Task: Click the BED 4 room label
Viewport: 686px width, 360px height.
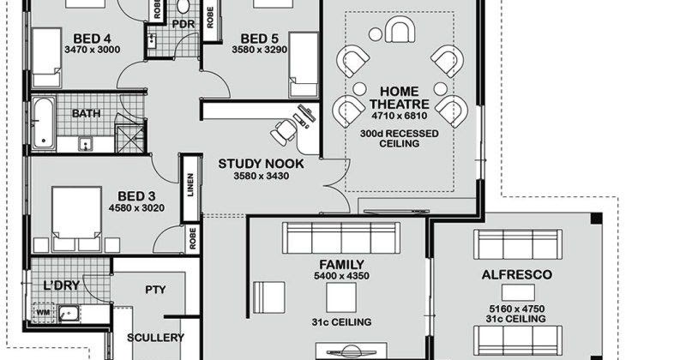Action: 92,39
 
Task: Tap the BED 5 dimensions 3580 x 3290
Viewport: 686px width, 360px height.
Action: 260,50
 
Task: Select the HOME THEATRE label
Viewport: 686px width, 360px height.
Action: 400,98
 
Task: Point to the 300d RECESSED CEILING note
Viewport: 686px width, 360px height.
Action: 399,138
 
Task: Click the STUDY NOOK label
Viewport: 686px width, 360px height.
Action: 261,164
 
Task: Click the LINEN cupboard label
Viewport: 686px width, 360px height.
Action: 190,185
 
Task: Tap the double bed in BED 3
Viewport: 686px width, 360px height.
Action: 76,219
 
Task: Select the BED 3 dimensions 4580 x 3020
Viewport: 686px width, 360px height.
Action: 136,207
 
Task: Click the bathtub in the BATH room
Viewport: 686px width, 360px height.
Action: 44,123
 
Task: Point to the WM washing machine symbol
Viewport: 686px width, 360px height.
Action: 43,312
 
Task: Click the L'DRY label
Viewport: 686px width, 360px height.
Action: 62,285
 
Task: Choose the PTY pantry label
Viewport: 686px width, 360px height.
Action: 155,290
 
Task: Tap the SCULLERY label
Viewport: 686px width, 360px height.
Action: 155,338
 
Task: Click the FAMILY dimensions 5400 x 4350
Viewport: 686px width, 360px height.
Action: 341,276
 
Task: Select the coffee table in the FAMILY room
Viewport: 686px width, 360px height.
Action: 341,297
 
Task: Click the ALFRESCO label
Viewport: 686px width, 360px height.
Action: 517,274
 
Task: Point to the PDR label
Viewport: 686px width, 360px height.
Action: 184,24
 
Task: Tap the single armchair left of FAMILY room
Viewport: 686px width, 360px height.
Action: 269,297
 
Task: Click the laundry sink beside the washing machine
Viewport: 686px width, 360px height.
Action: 69,313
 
